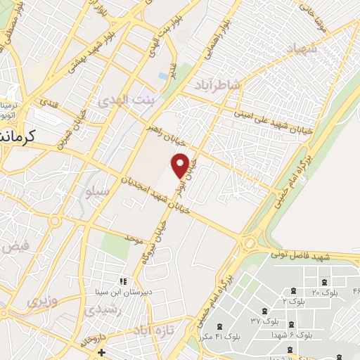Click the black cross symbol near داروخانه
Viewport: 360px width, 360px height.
(102, 351)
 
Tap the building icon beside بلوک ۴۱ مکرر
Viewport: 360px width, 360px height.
(220, 326)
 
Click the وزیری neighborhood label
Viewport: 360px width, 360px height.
(40, 302)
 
